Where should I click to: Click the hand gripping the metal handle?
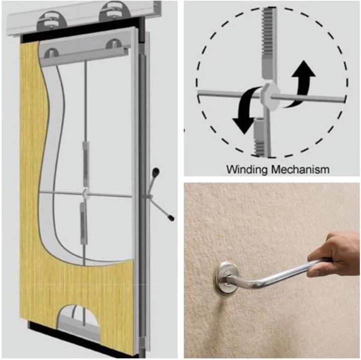coord(333,253)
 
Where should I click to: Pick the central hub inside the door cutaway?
coord(84,193)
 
